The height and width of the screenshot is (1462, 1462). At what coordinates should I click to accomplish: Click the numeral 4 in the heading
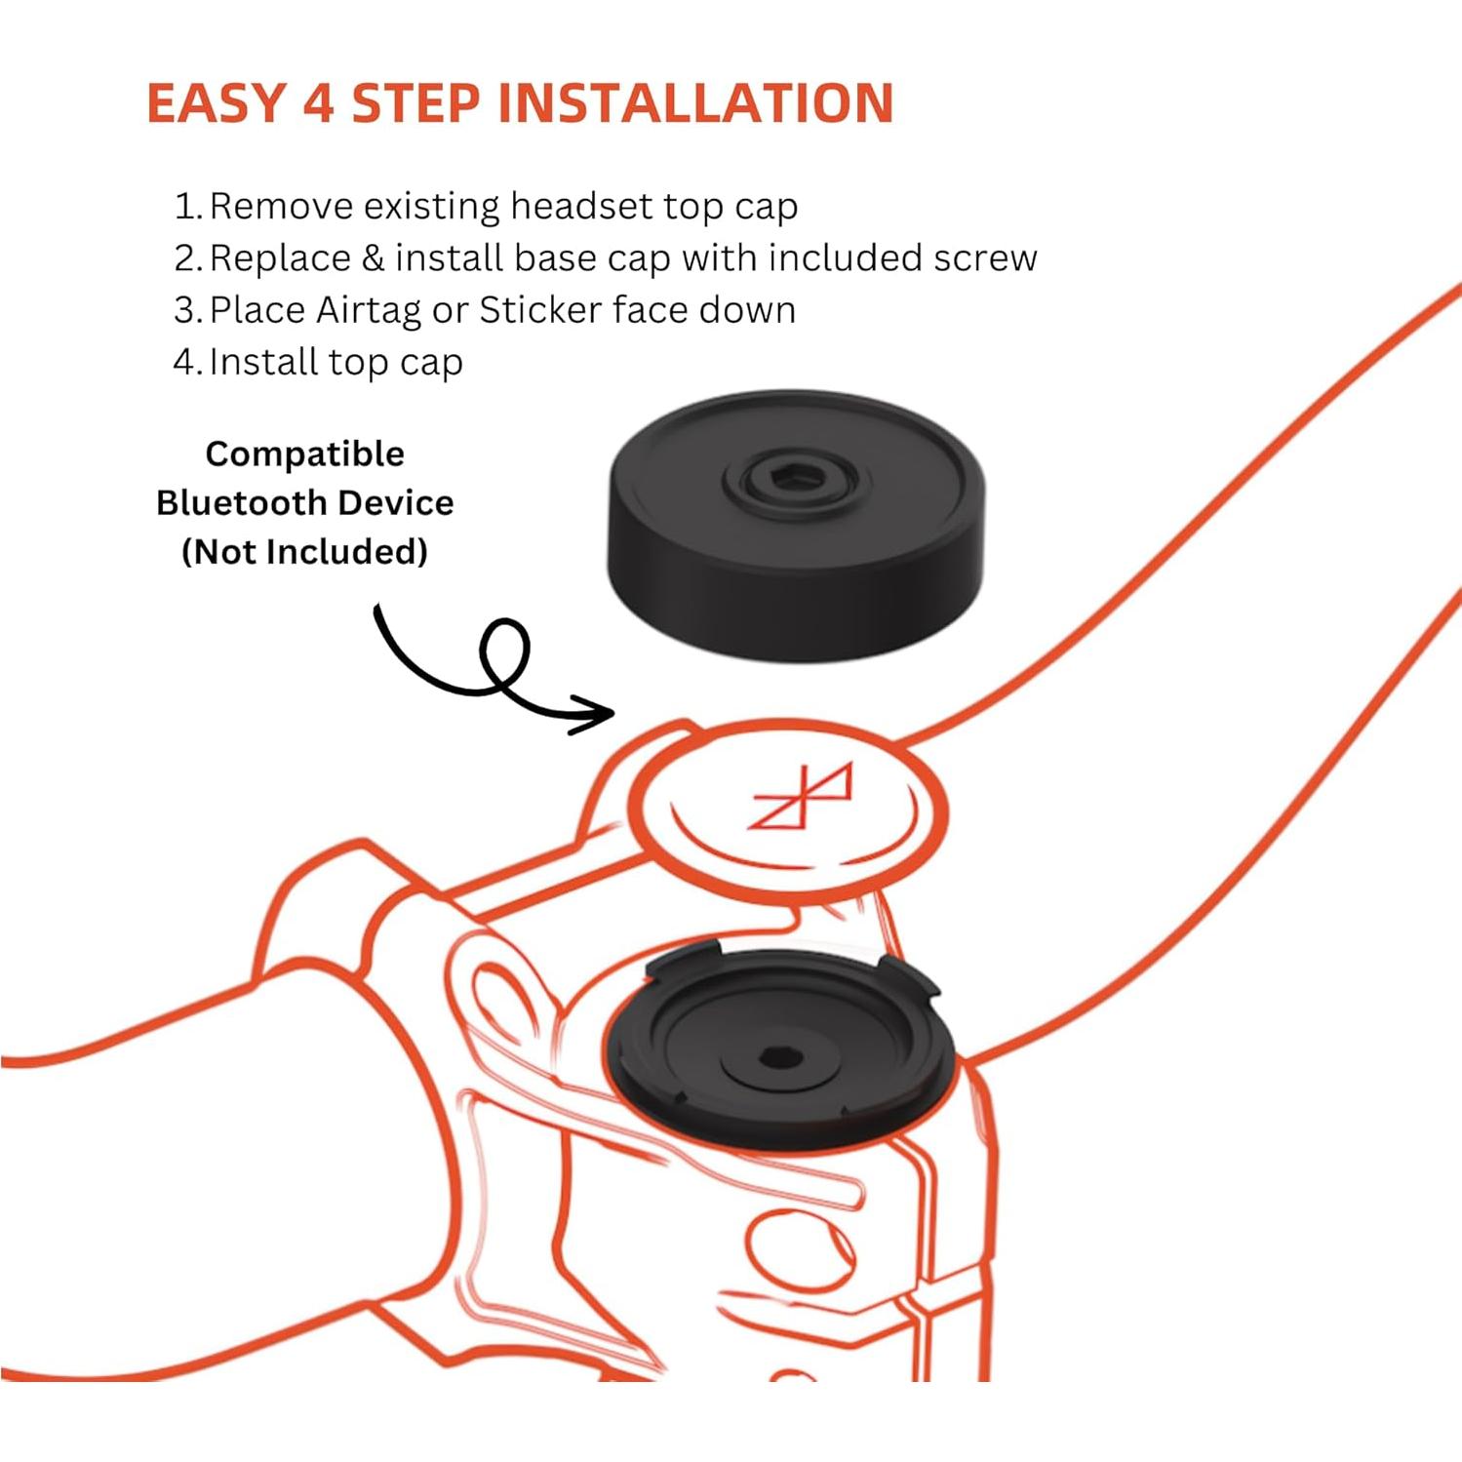pyautogui.click(x=319, y=103)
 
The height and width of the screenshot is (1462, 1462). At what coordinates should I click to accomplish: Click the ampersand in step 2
pyautogui.click(x=373, y=258)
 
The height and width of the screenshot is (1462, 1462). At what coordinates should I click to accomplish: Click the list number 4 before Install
pyautogui.click(x=185, y=362)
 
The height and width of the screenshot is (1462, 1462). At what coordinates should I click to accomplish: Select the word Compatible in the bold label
pyautogui.click(x=304, y=454)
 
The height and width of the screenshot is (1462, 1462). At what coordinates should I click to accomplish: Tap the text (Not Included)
pyautogui.click(x=304, y=551)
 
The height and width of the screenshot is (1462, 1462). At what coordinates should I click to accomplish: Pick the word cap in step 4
pyautogui.click(x=431, y=362)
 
